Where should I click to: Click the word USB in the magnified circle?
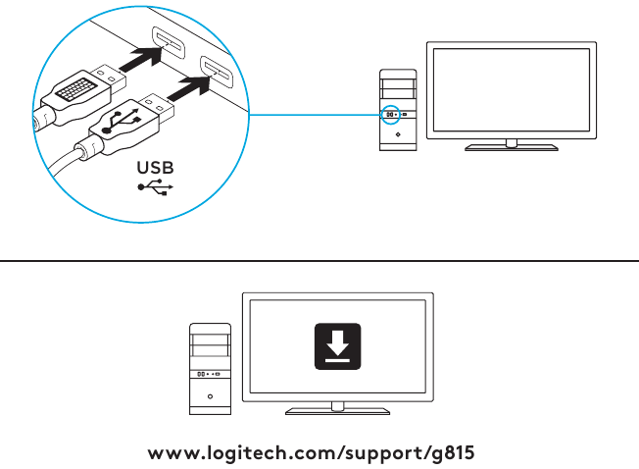155,168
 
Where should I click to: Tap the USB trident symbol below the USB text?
155,187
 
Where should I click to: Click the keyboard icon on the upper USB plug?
76,89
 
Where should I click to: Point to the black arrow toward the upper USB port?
141,59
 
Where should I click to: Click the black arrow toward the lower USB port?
189,88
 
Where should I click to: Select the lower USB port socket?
217,72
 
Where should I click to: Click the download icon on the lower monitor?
337,346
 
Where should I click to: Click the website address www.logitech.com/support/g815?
311,453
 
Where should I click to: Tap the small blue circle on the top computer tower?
390,115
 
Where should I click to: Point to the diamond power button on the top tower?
398,134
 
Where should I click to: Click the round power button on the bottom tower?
210,396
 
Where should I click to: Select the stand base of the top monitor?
512,147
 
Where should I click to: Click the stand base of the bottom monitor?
337,411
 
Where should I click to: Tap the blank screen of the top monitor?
512,89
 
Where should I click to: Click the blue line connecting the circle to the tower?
315,115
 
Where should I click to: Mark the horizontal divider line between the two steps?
319,260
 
